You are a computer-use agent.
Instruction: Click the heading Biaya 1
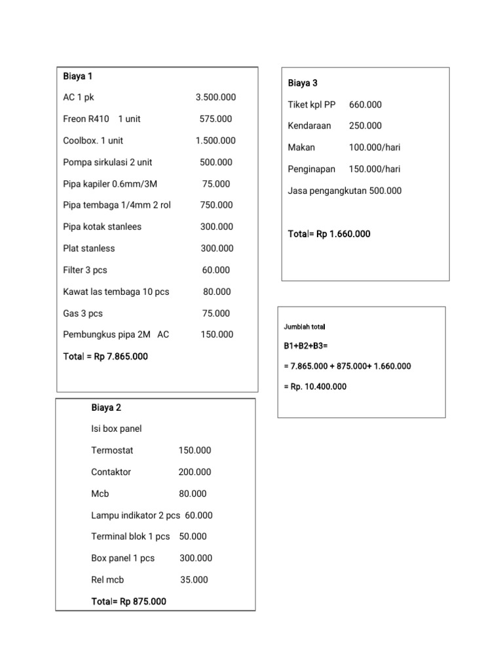tap(77, 76)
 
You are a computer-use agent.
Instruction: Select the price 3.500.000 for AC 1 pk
tap(215, 98)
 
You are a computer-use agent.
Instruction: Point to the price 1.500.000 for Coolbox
tap(215, 141)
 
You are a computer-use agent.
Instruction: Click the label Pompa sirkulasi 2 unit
tap(107, 163)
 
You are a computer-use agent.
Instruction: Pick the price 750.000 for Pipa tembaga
tap(216, 205)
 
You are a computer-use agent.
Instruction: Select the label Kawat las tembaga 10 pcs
tap(116, 292)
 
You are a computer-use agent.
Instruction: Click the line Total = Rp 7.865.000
tap(105, 356)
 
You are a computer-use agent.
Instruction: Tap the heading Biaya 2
tap(106, 408)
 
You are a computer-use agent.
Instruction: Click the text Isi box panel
tap(117, 429)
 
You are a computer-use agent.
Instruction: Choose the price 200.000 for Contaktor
tap(195, 472)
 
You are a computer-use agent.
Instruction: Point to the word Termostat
tap(113, 451)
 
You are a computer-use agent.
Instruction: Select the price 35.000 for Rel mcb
tap(194, 580)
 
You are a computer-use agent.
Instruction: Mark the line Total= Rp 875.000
tap(129, 602)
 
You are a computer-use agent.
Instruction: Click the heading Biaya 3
tap(303, 83)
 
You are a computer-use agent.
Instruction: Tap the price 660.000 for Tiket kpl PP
tap(365, 105)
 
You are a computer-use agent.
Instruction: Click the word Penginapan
tap(312, 169)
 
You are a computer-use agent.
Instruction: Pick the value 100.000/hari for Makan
tap(374, 147)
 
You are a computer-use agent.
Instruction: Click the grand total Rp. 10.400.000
tap(315, 387)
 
